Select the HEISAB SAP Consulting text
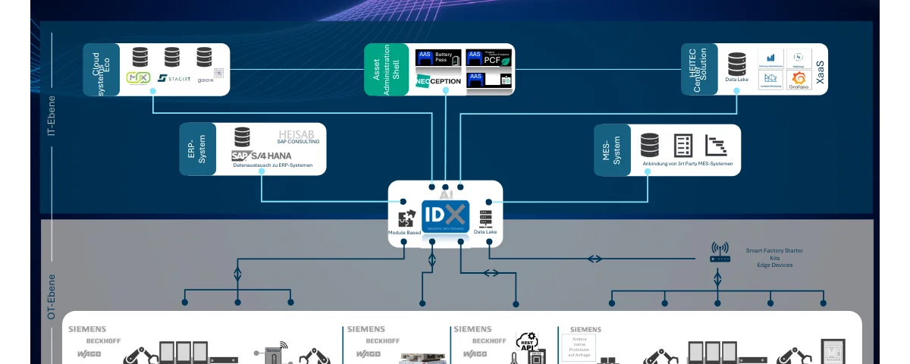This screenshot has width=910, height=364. click(298, 136)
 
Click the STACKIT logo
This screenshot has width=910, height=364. click(174, 78)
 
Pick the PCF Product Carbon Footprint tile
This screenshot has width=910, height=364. click(489, 58)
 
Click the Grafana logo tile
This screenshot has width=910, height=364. click(799, 80)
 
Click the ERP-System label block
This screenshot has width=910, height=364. click(198, 149)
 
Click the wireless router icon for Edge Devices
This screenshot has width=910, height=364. click(720, 252)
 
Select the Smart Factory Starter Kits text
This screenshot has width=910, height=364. click(774, 257)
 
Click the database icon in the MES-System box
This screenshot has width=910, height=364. click(650, 145)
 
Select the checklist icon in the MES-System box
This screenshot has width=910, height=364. click(683, 145)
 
